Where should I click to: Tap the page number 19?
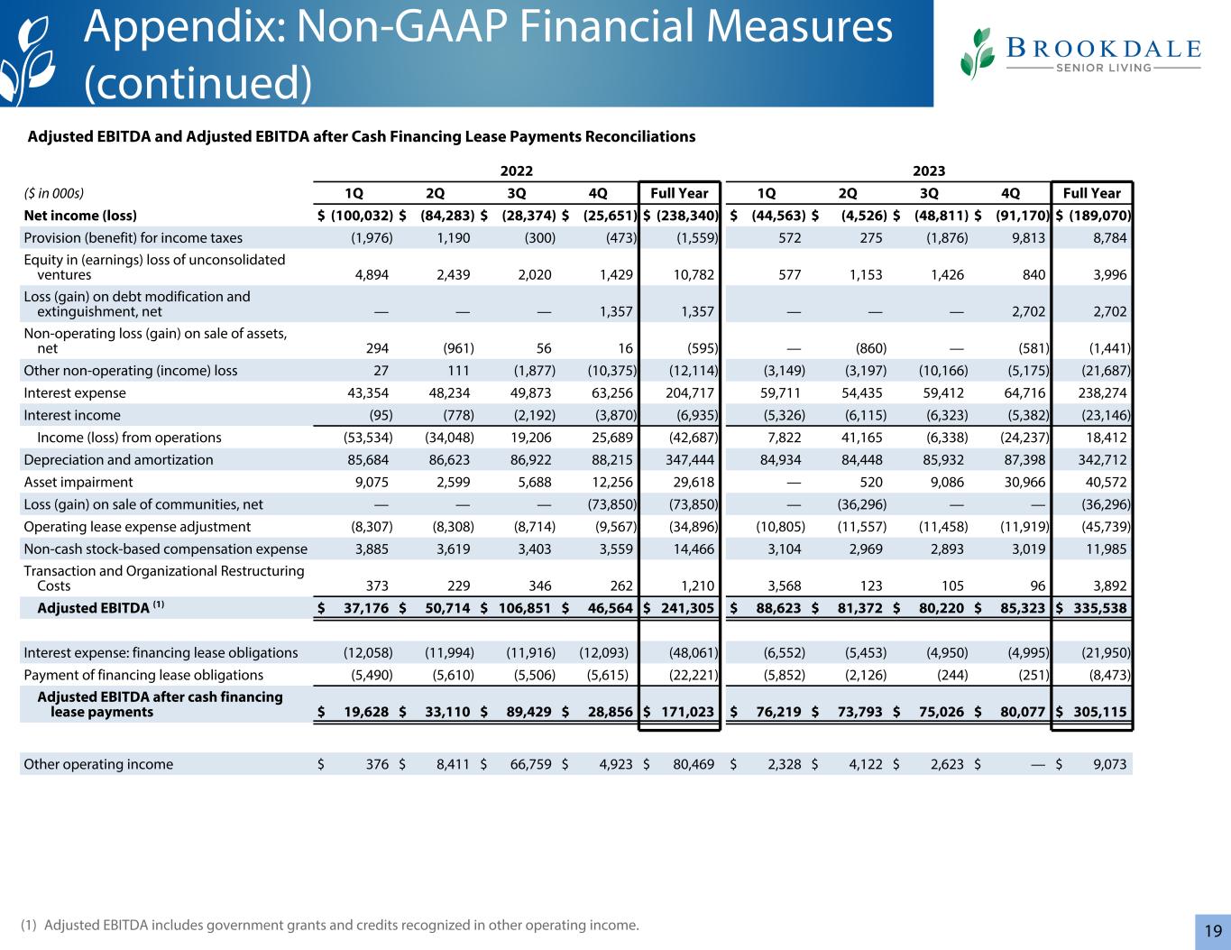click(1212, 931)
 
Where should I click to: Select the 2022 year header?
click(517, 171)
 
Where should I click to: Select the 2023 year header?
click(929, 171)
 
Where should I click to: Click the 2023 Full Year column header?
click(1091, 193)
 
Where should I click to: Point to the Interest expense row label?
click(75, 393)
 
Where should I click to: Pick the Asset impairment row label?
click(78, 482)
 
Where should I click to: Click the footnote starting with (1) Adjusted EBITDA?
click(330, 925)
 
